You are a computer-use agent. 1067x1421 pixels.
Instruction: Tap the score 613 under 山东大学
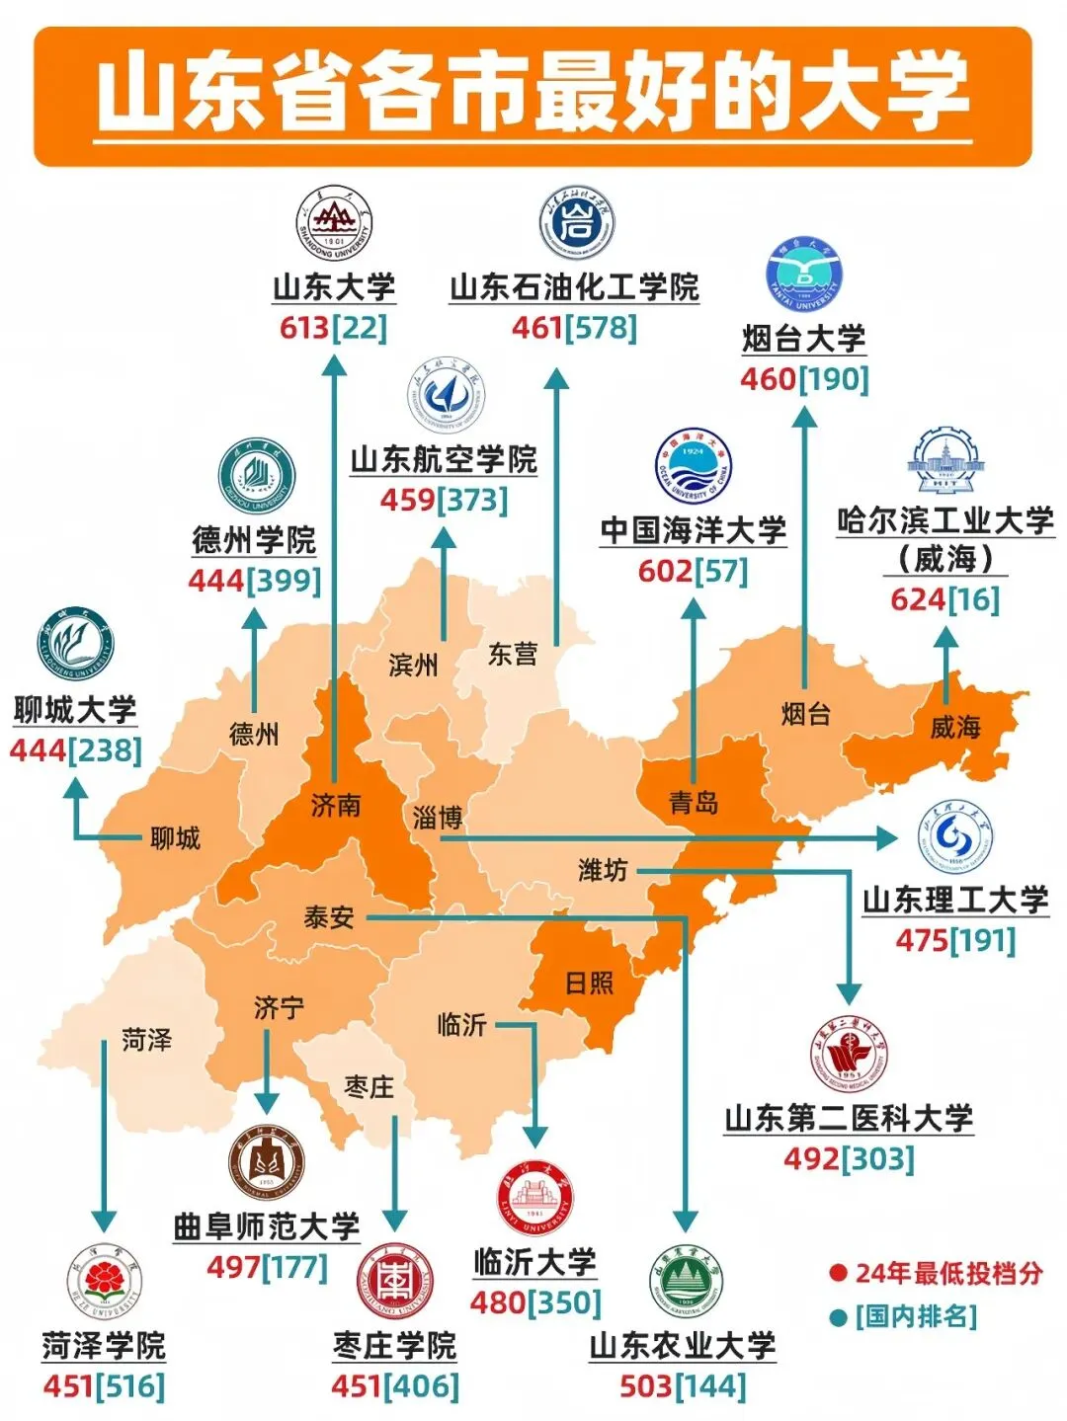tap(304, 328)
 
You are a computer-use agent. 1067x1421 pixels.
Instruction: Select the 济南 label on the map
tap(336, 806)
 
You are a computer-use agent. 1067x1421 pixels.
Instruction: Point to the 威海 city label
tap(954, 728)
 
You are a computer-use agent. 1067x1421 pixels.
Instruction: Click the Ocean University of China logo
tap(693, 465)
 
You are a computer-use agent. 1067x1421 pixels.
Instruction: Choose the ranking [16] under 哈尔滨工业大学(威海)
tap(974, 599)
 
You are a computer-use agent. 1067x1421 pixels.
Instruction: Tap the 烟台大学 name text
tap(804, 339)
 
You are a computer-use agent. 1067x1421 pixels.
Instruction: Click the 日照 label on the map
tap(589, 983)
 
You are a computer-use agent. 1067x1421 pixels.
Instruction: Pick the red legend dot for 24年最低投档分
tap(839, 1273)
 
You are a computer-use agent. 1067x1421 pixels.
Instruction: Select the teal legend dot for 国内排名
tap(839, 1317)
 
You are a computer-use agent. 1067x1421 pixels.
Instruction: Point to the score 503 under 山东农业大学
tap(645, 1385)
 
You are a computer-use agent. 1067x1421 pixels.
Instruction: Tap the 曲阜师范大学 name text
tap(266, 1226)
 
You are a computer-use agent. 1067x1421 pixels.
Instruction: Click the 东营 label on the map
tap(513, 654)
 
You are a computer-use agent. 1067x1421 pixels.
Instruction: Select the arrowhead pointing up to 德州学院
tap(255, 618)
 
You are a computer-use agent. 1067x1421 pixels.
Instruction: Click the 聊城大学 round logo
tap(75, 644)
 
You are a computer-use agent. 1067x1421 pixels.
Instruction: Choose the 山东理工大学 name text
tap(954, 900)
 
